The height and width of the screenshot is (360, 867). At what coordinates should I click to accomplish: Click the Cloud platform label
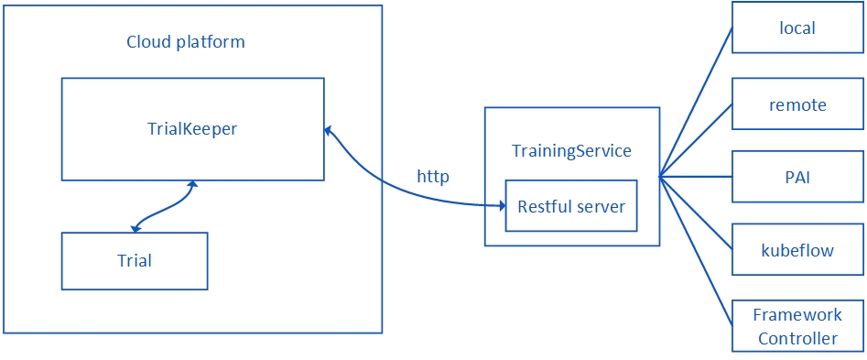point(185,42)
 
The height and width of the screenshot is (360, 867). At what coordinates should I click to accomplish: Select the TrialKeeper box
point(192,129)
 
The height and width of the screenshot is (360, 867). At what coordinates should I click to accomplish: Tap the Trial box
point(135,261)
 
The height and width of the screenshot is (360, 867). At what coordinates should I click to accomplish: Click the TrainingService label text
point(571,151)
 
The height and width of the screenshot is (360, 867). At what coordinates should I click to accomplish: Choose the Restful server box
point(571,206)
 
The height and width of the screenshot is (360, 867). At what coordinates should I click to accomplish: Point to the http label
point(433,177)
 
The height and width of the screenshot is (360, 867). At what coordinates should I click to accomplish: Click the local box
point(797,27)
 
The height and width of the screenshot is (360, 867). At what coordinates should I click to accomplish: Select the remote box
point(797,104)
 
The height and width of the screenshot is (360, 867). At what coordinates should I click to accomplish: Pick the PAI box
point(797,178)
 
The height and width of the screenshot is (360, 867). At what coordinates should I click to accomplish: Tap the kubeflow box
point(797,250)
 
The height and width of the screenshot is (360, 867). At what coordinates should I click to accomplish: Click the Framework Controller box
point(797,326)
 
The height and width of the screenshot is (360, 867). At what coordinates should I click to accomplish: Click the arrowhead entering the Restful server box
point(501,206)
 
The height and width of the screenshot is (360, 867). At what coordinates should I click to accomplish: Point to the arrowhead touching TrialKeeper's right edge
point(328,131)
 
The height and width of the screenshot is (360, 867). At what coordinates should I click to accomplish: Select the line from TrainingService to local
point(696,101)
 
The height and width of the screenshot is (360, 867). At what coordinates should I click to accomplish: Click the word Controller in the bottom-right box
point(797,338)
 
